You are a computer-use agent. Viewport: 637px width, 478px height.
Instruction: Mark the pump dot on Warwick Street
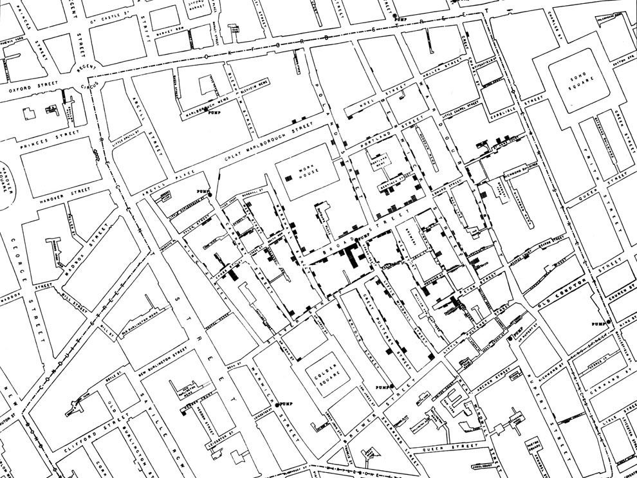pyautogui.click(x=277, y=405)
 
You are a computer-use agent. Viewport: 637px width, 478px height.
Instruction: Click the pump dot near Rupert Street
pyautogui.click(x=510, y=338)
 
